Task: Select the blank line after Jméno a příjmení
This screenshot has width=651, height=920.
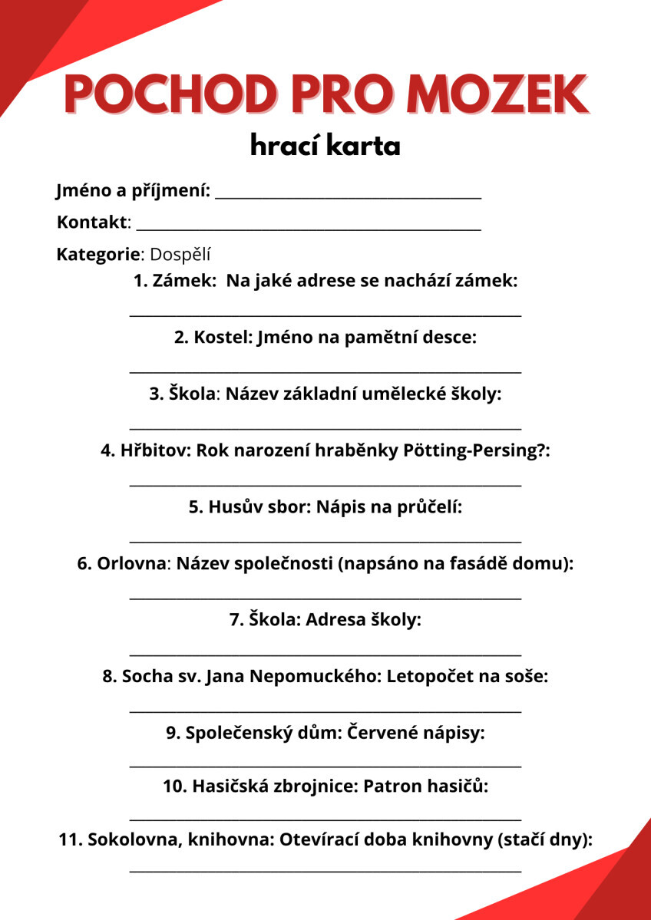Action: [348, 198]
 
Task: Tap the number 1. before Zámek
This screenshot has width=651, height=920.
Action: [140, 281]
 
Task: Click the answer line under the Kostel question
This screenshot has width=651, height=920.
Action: [325, 372]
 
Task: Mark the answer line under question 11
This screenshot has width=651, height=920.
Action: [325, 871]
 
